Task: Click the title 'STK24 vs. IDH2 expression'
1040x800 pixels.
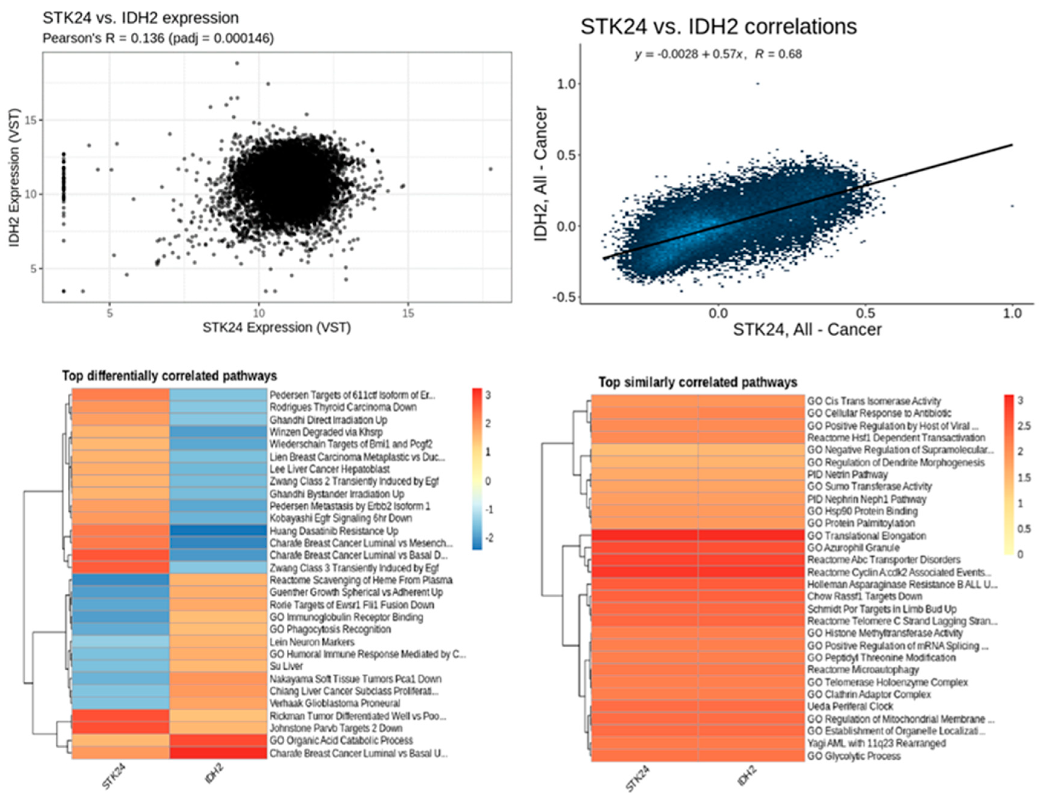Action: coord(141,18)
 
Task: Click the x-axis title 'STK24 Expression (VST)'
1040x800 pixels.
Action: coord(277,328)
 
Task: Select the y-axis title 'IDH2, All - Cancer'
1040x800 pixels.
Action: coord(540,174)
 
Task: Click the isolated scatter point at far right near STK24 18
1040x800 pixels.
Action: coord(491,169)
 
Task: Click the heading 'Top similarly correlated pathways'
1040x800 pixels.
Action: coord(698,382)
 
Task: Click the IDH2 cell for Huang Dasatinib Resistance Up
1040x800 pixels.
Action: coord(218,531)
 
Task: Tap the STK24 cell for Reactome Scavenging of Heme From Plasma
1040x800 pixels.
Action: coord(120,580)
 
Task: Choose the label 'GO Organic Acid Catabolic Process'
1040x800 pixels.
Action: coord(341,740)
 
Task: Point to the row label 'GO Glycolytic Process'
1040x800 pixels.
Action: coord(853,756)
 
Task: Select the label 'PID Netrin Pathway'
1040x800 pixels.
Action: coord(847,475)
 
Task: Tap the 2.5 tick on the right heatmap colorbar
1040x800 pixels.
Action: coord(1023,426)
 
